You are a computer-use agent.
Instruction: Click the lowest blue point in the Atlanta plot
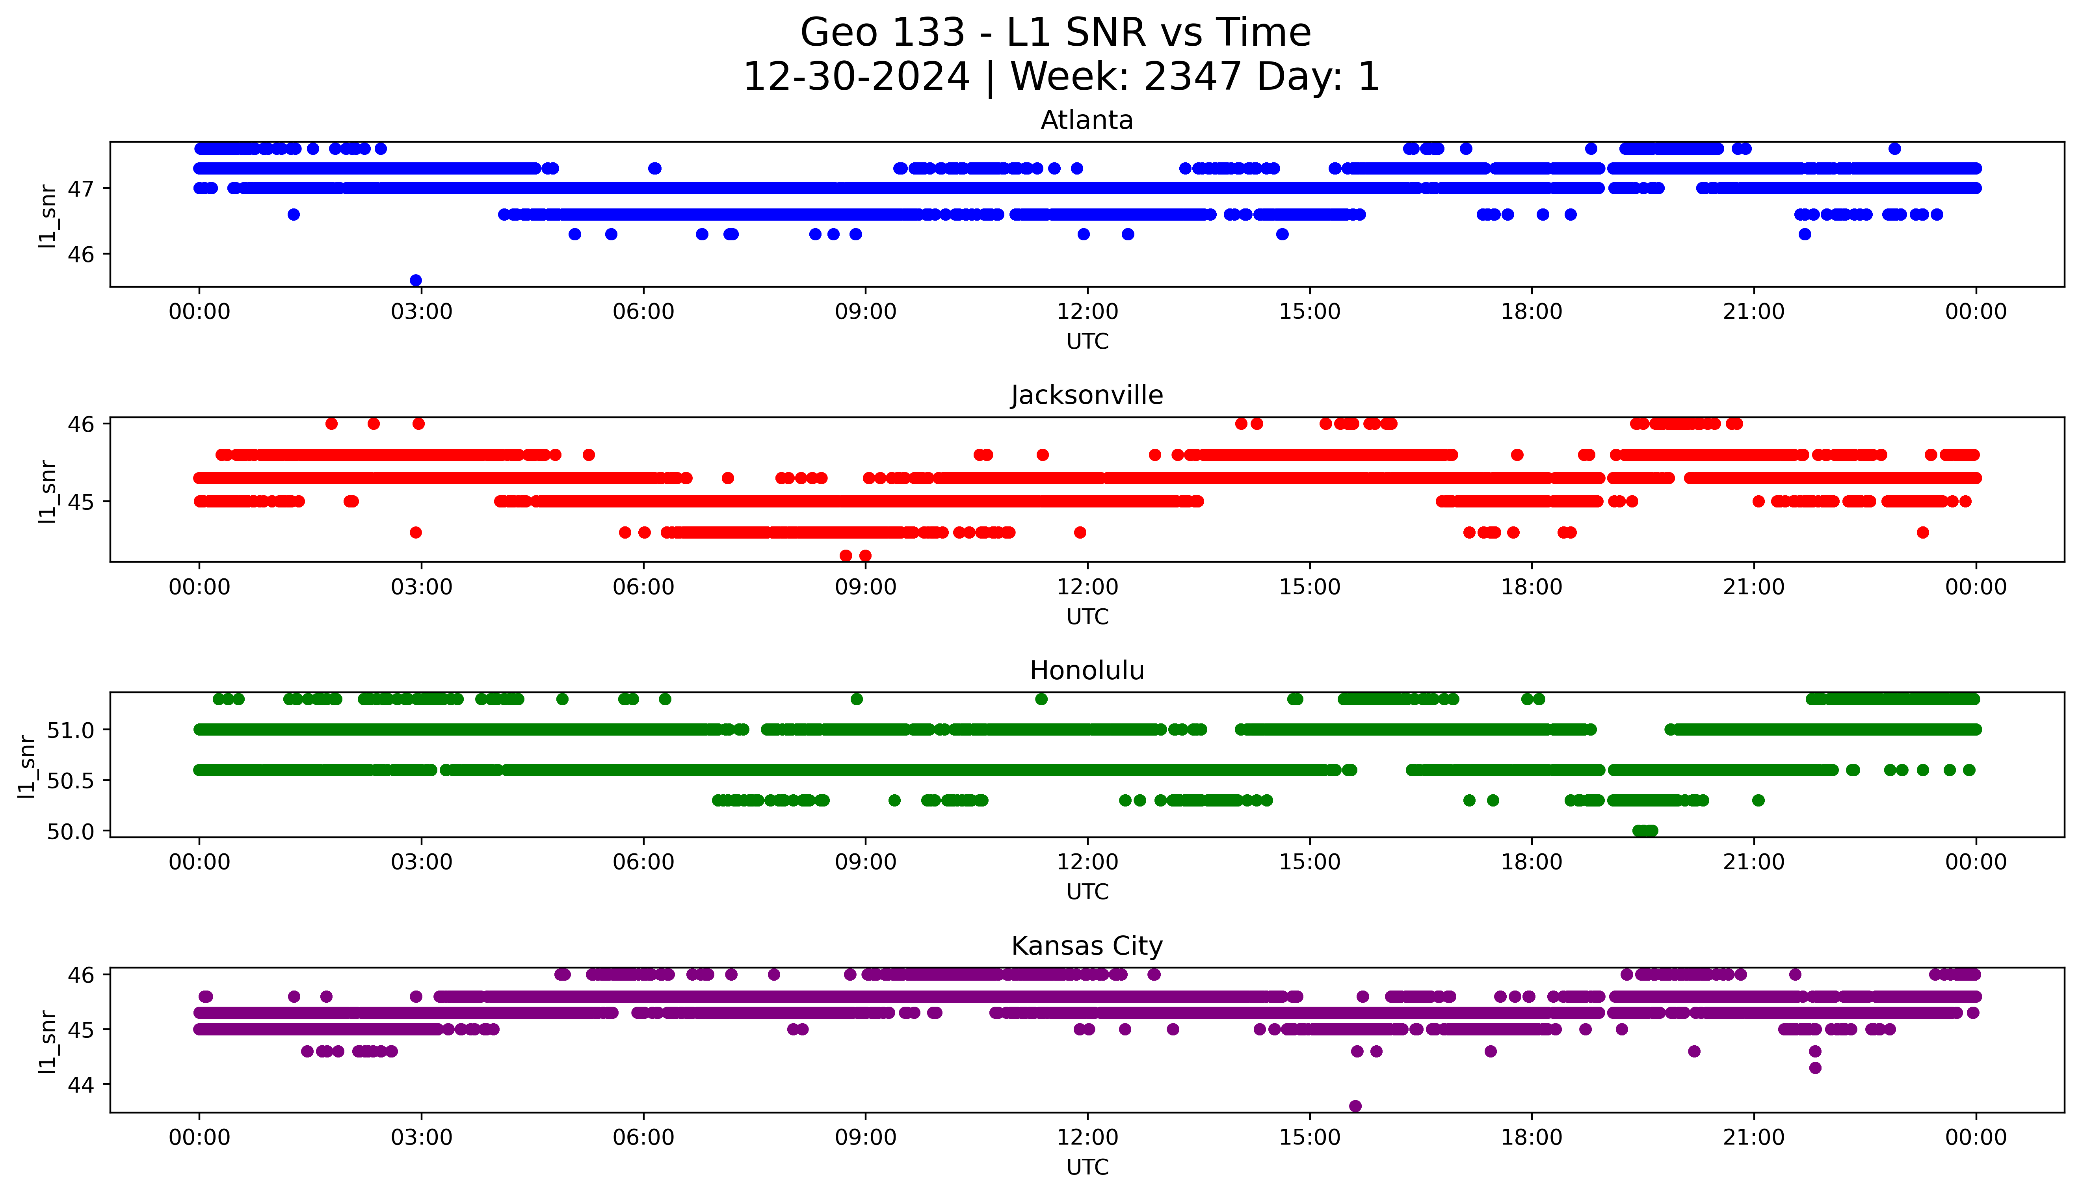click(416, 280)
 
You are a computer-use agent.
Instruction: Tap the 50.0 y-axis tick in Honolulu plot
click(72, 831)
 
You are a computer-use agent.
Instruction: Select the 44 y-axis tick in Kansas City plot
click(82, 1084)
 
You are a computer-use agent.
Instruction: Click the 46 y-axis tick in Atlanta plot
click(82, 255)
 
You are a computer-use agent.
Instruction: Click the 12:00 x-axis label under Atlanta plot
click(1087, 312)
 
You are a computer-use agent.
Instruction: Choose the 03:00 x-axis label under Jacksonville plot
click(422, 587)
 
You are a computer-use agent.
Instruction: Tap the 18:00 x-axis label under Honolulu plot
click(1532, 862)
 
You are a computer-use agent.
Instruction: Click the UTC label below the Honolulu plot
click(1087, 891)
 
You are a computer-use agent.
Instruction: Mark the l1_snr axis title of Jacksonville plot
click(48, 491)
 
